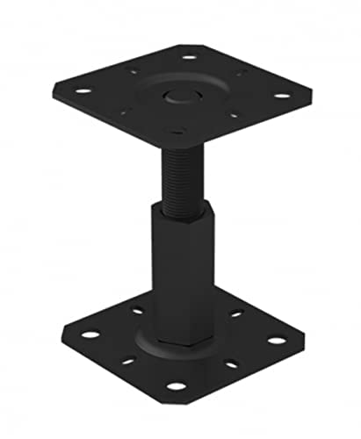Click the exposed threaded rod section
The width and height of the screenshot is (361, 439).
[x=181, y=175]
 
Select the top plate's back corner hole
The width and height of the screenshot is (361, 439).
[x=188, y=57]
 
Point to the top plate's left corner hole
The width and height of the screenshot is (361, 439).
[x=83, y=90]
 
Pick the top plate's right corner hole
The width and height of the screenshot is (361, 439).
[x=281, y=97]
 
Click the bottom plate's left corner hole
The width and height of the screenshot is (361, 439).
[x=90, y=334]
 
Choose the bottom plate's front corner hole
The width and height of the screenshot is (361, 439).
[x=176, y=385]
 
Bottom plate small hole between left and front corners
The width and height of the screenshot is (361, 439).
[x=128, y=359]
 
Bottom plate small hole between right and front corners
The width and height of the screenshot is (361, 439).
[x=230, y=363]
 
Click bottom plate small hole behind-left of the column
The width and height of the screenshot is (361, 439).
[x=137, y=309]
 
